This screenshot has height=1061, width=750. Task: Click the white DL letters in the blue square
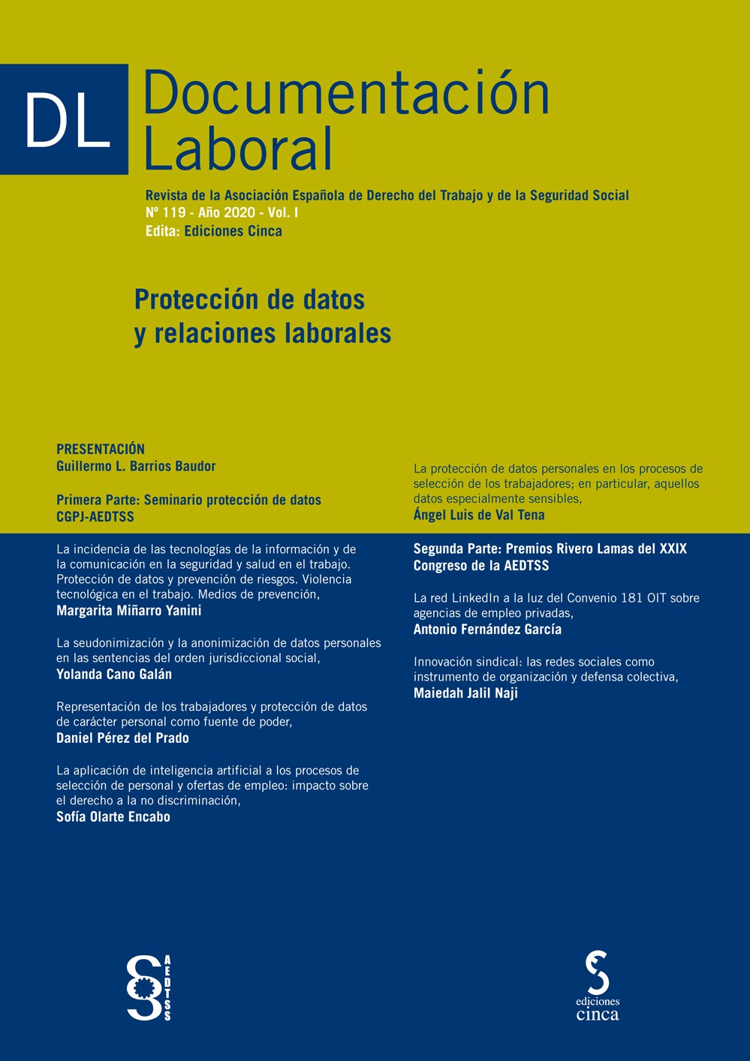68,120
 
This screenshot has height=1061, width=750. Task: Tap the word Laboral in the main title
237,149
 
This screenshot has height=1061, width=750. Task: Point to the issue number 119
173,213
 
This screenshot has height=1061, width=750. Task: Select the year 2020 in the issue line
239,213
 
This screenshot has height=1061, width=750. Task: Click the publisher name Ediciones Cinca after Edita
233,231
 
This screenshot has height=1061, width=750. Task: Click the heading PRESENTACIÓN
101,449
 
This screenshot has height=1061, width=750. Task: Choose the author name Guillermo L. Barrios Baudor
136,466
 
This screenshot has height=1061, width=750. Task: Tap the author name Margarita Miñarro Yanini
129,611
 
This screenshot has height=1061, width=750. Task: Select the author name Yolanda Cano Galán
114,675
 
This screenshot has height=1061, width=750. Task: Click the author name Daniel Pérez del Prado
122,738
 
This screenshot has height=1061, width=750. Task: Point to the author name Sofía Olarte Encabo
113,817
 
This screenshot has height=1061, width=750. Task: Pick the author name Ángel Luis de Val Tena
479,515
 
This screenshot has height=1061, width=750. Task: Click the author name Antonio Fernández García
487,630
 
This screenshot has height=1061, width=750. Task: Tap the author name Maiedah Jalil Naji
465,693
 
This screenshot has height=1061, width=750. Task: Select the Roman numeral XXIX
673,549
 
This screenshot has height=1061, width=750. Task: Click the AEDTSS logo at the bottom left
149,987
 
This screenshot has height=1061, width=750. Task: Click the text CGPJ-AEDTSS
95,517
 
